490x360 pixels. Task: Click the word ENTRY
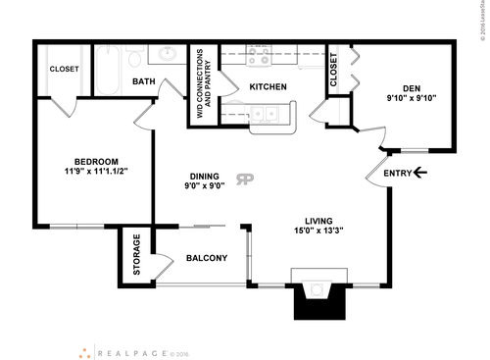click(x=398, y=174)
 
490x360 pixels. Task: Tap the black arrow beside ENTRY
click(x=421, y=174)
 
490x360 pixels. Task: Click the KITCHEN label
click(x=268, y=87)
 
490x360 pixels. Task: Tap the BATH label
click(x=144, y=82)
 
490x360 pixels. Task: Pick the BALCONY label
click(x=206, y=259)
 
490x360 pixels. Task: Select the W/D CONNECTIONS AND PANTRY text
click(x=204, y=84)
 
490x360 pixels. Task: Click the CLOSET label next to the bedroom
click(x=64, y=70)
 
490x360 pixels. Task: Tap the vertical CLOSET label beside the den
click(x=333, y=71)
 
